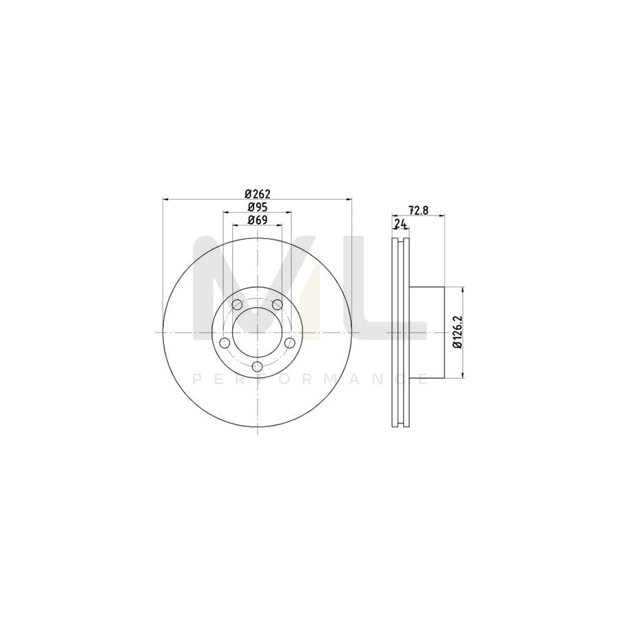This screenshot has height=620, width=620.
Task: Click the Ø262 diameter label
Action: click(x=256, y=194)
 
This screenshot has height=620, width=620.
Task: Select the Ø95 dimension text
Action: click(x=256, y=207)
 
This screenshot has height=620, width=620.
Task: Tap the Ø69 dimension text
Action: click(x=256, y=220)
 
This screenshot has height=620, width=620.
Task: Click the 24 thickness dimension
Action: click(x=400, y=224)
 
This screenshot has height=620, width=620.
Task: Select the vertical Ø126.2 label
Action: click(x=457, y=332)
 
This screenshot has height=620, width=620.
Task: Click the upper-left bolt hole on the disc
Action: click(x=236, y=304)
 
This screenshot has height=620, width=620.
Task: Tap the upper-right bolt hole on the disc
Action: click(x=278, y=304)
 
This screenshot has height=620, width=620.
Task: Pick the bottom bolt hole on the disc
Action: click(x=257, y=366)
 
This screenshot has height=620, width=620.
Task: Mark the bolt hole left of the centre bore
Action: click(x=224, y=342)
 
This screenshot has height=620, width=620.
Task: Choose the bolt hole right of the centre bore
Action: click(x=290, y=342)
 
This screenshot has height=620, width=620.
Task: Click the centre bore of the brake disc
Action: click(x=257, y=332)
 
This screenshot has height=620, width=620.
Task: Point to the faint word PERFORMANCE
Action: click(x=310, y=379)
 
